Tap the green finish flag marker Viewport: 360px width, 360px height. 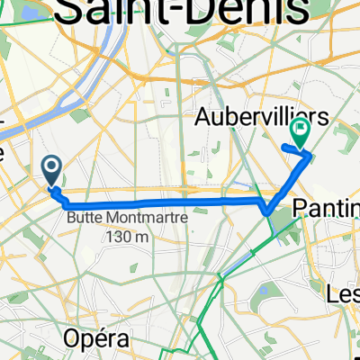(x=298, y=133)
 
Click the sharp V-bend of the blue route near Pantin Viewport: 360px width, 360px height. (x=267, y=212)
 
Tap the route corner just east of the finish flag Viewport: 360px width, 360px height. (x=311, y=157)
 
